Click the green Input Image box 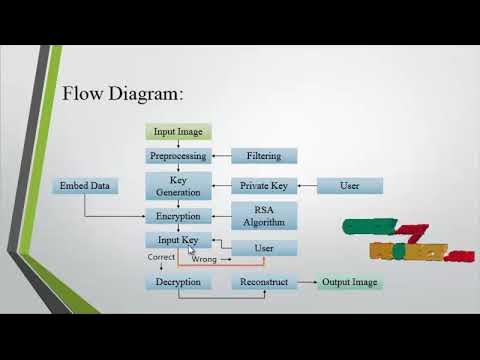coord(178,132)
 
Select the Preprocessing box coord(178,156)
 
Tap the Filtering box coord(264,156)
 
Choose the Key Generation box coord(178,185)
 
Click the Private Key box coord(264,186)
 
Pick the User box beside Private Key coord(350,186)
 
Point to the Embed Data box coord(84,186)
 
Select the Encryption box coord(178,216)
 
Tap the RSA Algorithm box coord(264,215)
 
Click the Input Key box coord(178,240)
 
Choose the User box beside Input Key coord(264,248)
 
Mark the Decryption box coord(178,282)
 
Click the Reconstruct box coord(264,282)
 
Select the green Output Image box coord(350,282)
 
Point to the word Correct coord(161,257)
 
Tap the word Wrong coord(205,259)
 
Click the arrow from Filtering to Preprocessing coord(221,156)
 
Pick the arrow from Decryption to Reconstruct coord(221,282)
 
